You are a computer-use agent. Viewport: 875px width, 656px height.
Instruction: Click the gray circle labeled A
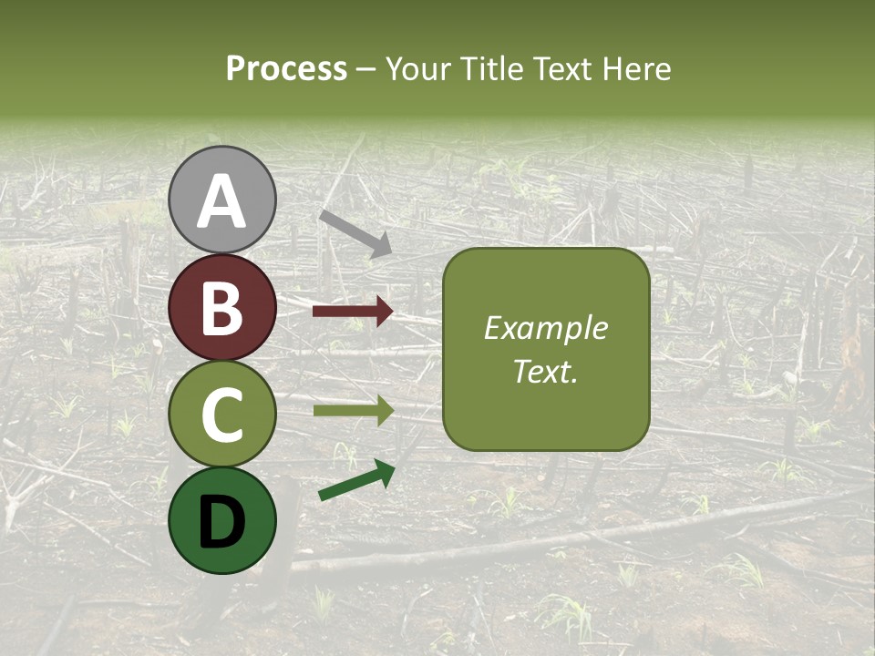[x=221, y=200]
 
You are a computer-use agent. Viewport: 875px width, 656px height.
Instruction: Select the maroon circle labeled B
[x=221, y=307]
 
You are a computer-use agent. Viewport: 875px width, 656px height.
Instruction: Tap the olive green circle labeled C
[x=221, y=414]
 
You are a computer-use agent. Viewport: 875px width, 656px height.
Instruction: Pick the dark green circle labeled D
[x=221, y=520]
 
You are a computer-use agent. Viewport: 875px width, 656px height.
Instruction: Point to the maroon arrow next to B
[x=353, y=312]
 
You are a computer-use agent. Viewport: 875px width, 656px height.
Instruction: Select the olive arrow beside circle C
[x=353, y=411]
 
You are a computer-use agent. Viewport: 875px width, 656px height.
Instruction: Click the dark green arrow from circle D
[x=356, y=480]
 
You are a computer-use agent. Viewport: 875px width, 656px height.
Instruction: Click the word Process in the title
[x=286, y=68]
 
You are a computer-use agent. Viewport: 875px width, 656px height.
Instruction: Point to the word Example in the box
[x=545, y=328]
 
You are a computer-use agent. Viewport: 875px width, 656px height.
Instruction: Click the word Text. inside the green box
[x=545, y=371]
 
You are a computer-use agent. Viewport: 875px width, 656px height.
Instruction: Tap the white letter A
[x=221, y=201]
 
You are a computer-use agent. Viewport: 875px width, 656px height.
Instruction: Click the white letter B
[x=221, y=308]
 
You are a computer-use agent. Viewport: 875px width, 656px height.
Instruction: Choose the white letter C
[x=221, y=415]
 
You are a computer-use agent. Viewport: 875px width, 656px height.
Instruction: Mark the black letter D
[x=221, y=522]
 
